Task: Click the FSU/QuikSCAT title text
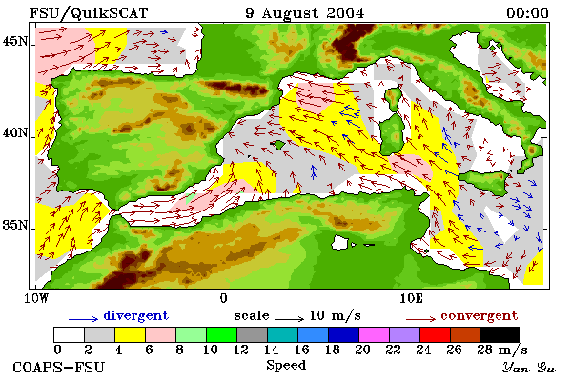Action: tap(89, 13)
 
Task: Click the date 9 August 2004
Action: tap(305, 13)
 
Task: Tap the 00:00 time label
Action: tap(527, 13)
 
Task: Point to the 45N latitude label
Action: tap(15, 42)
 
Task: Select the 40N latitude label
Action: tap(15, 132)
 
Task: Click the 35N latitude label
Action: tap(15, 225)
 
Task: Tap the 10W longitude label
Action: tap(36, 298)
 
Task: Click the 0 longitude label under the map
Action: tap(224, 298)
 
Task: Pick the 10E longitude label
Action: tap(412, 298)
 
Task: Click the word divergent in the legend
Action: tap(136, 315)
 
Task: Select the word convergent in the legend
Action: tap(480, 315)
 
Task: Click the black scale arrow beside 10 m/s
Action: tap(289, 319)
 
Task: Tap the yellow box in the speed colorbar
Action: tap(131, 334)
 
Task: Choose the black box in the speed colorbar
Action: tap(500, 334)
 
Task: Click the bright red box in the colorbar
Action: tap(436, 334)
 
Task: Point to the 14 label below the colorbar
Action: tap(271, 350)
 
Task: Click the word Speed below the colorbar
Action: tap(286, 366)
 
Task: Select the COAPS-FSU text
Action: tap(59, 367)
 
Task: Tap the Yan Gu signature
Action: tap(529, 368)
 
